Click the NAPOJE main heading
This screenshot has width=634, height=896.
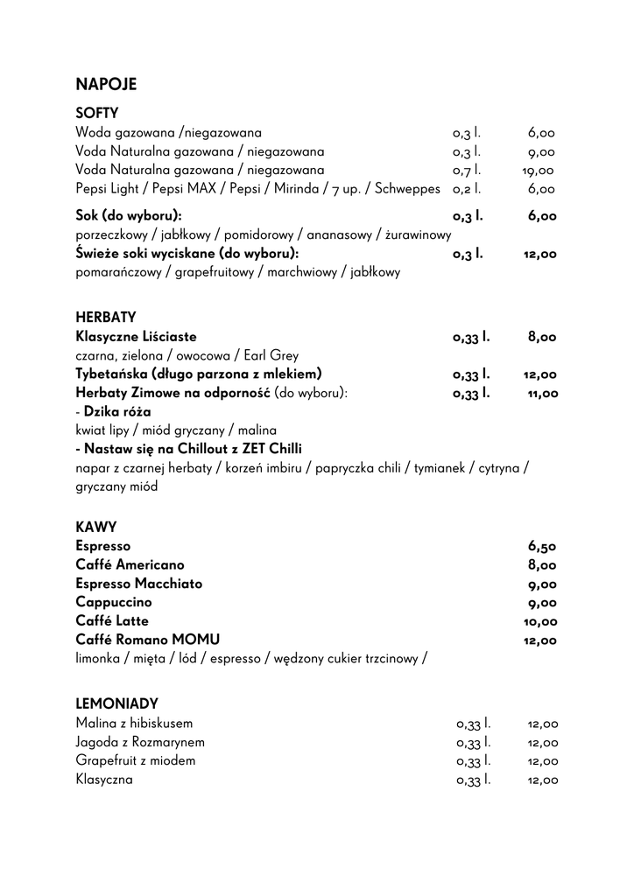(106, 85)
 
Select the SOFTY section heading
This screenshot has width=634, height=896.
(97, 114)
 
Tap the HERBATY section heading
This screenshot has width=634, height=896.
(106, 317)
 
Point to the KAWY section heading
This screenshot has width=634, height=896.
(96, 527)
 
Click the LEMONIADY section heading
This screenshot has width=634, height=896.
(116, 703)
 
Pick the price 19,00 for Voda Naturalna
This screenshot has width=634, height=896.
(539, 171)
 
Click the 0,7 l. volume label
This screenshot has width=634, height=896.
(467, 171)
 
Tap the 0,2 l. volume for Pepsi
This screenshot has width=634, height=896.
(467, 189)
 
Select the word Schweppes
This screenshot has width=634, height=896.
(407, 189)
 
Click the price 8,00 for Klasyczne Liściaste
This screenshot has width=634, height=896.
(542, 337)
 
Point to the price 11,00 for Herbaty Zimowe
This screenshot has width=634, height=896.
(542, 394)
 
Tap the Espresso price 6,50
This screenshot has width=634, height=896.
(542, 547)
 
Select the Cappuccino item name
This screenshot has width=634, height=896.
(114, 603)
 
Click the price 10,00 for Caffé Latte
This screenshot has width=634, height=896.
(540, 622)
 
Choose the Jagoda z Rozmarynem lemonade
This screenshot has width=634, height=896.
(140, 743)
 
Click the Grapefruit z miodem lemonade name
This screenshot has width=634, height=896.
(136, 761)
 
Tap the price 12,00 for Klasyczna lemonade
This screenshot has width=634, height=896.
(542, 780)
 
